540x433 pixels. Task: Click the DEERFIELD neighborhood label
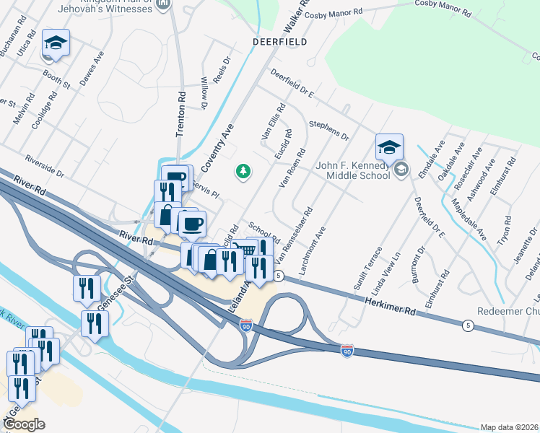click(279, 42)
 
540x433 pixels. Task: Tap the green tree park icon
click(243, 171)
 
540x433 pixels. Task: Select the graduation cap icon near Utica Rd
click(56, 43)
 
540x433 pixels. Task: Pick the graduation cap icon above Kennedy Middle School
click(389, 147)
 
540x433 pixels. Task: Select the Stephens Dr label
click(329, 131)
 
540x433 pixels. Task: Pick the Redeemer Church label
click(508, 312)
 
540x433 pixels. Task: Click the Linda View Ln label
click(385, 274)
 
